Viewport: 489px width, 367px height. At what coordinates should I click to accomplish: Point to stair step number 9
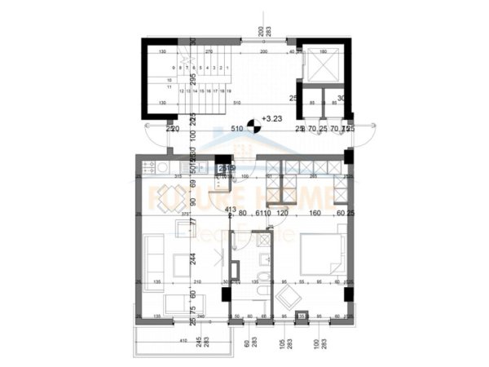tap(171, 68)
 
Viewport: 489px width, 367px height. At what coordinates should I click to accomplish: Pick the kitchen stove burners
tap(149, 168)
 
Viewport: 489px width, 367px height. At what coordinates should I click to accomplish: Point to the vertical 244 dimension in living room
tap(192, 259)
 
